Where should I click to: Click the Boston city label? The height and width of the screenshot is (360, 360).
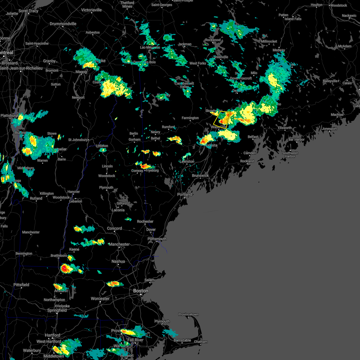click(x=140, y=291)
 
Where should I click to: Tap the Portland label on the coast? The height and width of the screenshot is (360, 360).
click(x=184, y=194)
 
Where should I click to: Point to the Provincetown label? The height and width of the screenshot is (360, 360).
click(x=188, y=314)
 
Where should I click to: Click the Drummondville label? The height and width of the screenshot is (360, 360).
click(x=63, y=24)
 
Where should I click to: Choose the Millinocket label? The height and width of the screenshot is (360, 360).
click(x=269, y=41)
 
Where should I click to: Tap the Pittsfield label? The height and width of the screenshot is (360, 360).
click(x=21, y=285)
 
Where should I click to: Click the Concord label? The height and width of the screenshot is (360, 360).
click(x=114, y=228)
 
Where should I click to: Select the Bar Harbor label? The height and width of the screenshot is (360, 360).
click(x=296, y=139)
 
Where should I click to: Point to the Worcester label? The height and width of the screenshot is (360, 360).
click(x=100, y=298)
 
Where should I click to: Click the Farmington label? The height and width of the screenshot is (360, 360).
click(x=190, y=118)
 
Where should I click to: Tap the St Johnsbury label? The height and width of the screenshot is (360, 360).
click(x=78, y=140)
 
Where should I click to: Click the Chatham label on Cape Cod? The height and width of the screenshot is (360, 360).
click(x=200, y=342)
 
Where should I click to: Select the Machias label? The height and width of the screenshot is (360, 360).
click(x=337, y=115)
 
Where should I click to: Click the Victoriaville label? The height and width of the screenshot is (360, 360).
click(x=91, y=10)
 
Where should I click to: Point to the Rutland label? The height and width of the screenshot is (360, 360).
click(x=36, y=198)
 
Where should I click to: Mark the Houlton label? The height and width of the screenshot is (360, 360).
click(x=316, y=5)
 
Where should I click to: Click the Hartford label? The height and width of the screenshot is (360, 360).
click(x=52, y=335)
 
